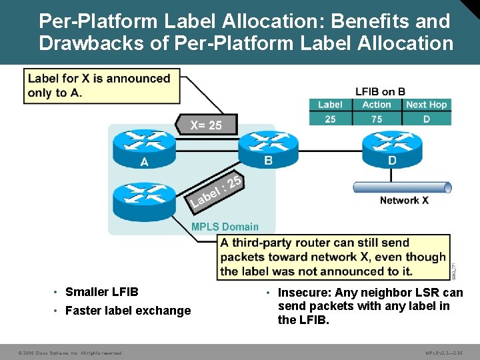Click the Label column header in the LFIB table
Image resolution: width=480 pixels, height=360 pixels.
(330, 105)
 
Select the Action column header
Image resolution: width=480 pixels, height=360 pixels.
(377, 105)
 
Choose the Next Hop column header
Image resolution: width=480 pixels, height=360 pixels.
(426, 105)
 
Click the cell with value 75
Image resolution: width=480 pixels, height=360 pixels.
(377, 119)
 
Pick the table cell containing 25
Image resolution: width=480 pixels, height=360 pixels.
(330, 119)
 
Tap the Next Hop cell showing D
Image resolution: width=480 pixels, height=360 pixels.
(426, 119)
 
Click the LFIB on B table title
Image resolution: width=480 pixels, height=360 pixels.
(380, 92)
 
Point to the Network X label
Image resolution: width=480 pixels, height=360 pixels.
(404, 200)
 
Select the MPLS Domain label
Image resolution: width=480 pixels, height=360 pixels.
(225, 227)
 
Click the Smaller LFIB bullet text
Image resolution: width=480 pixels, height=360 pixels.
(102, 291)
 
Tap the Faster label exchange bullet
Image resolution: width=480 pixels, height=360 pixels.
(128, 310)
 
